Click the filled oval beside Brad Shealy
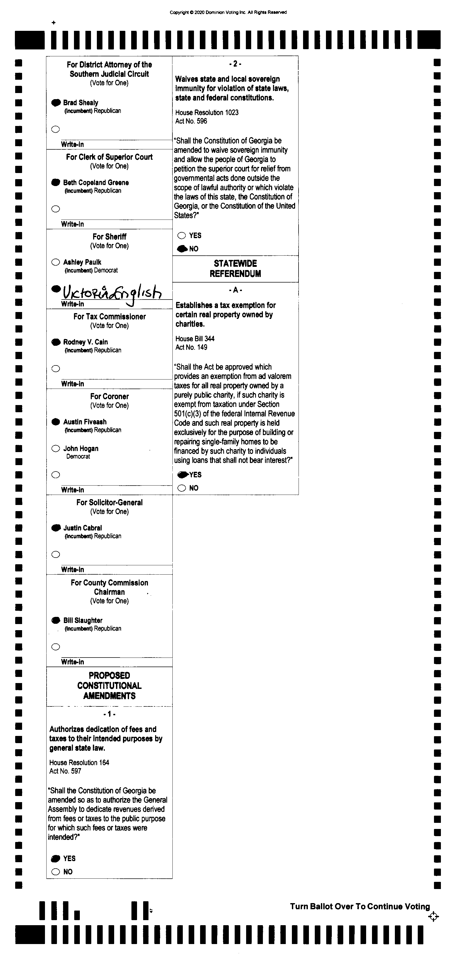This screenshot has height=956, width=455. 56,102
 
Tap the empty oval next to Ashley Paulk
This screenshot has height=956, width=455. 56,262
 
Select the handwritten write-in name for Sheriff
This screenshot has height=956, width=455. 111,293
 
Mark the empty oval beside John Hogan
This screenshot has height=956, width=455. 56,448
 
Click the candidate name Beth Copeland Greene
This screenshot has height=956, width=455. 96,182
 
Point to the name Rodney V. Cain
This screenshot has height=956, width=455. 85,342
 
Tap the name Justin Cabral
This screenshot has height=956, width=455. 82,528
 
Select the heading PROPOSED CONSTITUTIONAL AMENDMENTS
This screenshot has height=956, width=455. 109,685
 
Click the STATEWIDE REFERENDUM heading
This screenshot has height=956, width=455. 235,268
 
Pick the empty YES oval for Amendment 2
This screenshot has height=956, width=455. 182,235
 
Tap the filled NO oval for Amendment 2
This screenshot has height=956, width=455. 182,249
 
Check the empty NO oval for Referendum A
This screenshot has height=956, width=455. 182,488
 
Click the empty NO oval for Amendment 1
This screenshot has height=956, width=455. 56,872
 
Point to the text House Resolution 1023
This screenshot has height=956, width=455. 207,112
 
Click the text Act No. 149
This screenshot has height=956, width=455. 191,347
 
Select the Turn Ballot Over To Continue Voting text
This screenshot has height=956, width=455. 359,906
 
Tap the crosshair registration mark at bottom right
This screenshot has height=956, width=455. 433,916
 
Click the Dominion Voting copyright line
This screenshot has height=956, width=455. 228,12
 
